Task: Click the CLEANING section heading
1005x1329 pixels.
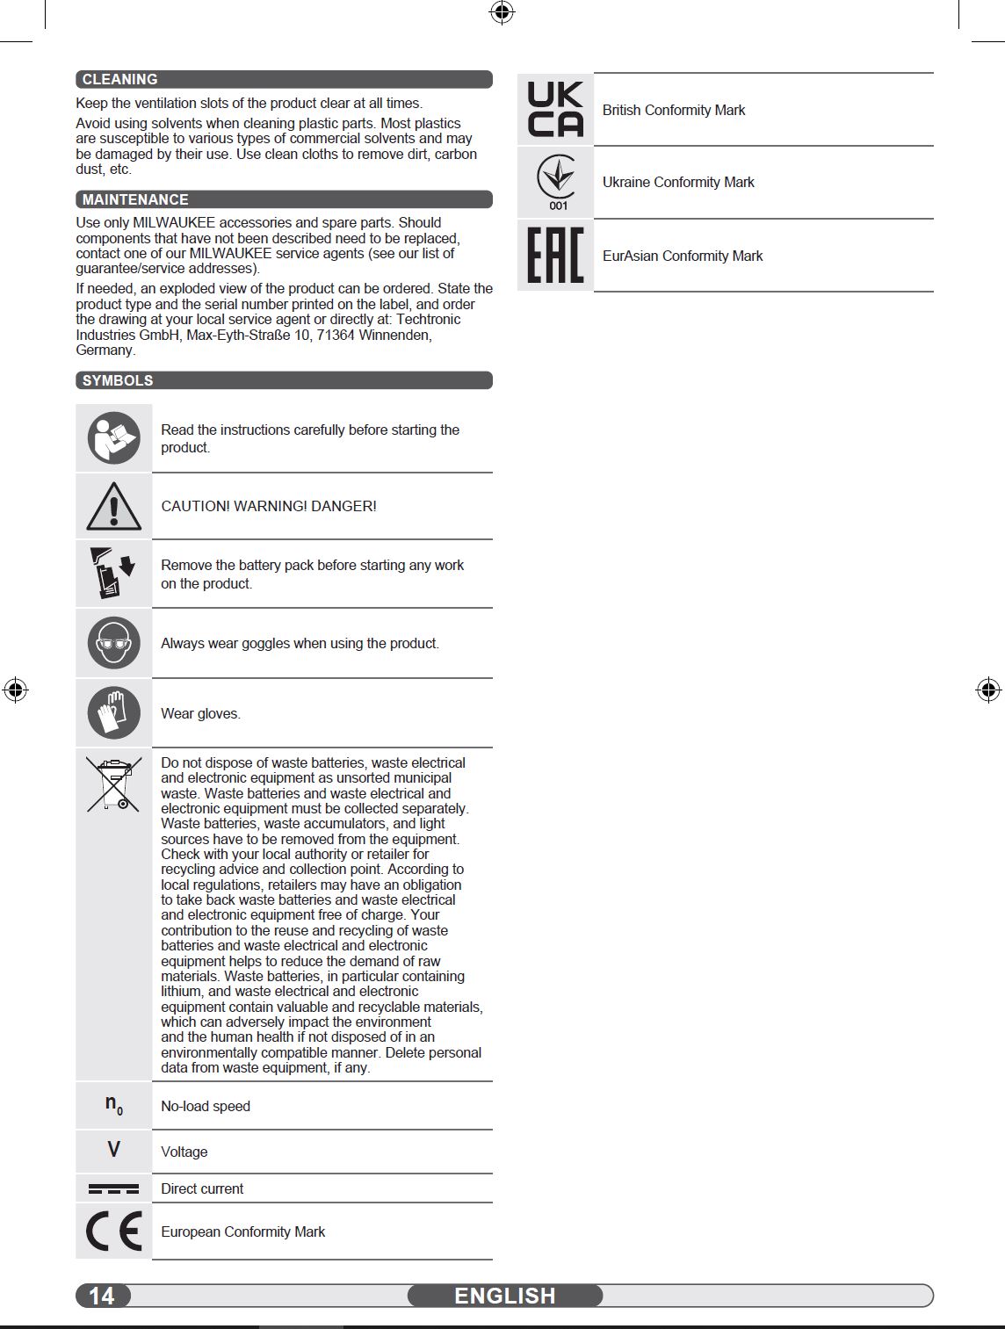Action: click(119, 79)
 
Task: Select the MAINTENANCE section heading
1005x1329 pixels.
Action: click(135, 199)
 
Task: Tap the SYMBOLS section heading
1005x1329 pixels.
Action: click(118, 380)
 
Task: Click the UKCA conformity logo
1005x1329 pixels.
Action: click(555, 109)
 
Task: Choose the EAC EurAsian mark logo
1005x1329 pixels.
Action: click(555, 256)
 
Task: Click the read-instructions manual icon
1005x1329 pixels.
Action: click(114, 437)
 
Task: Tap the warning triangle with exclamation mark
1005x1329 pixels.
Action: click(114, 506)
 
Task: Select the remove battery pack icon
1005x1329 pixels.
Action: click(113, 573)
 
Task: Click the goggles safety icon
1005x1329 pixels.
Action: click(114, 643)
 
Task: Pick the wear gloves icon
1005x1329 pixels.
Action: click(114, 712)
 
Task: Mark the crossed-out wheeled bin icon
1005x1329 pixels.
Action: click(114, 784)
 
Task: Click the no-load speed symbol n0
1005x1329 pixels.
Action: click(114, 1105)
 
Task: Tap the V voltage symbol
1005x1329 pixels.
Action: click(114, 1150)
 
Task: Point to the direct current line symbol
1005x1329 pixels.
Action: click(114, 1188)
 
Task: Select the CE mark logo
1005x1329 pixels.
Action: click(114, 1231)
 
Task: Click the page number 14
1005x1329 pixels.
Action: click(102, 1296)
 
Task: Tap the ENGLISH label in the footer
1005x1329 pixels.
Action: click(505, 1296)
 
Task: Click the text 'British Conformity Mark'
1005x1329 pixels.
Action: click(674, 110)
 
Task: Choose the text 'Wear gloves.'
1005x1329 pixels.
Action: click(200, 713)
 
